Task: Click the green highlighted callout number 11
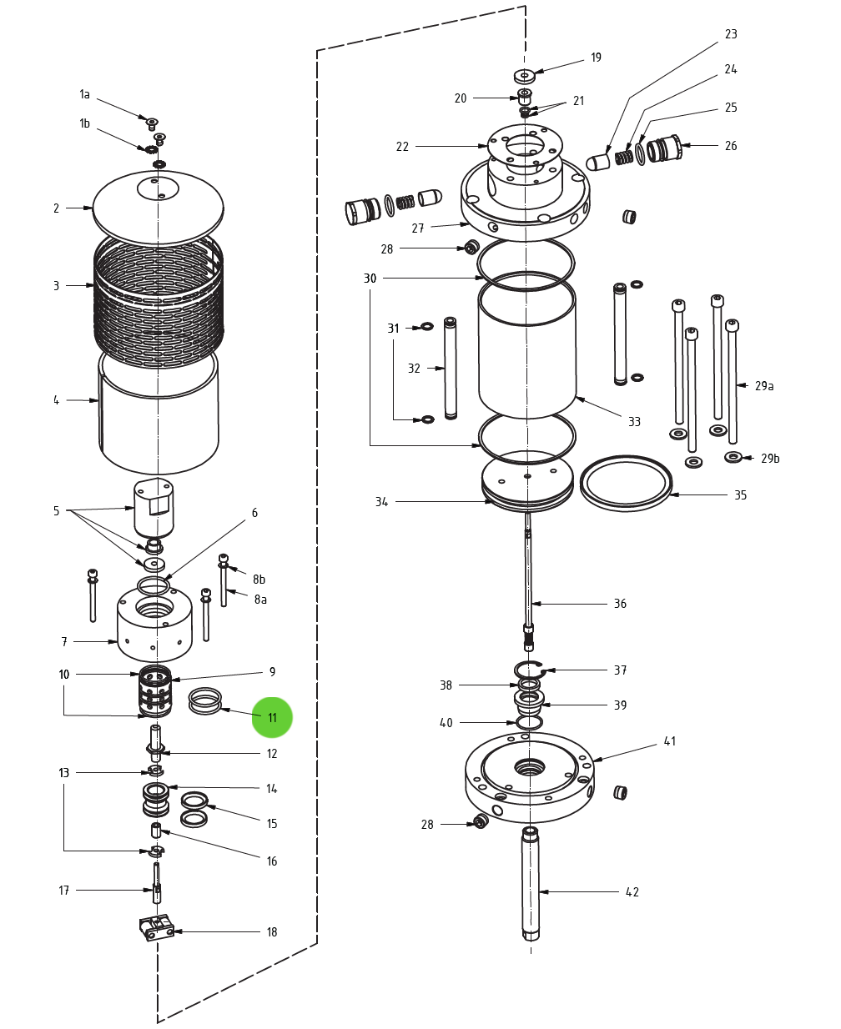point(272,718)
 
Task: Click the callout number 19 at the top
point(596,58)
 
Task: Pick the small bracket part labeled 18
point(156,927)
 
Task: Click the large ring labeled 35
point(627,484)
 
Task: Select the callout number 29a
point(763,386)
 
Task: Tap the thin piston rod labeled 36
point(529,575)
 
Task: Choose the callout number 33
point(634,422)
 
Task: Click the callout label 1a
point(84,94)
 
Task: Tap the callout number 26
point(731,146)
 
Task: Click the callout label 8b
point(259,580)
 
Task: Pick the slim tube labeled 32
point(451,367)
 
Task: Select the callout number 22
point(402,147)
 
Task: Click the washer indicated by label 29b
point(733,457)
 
